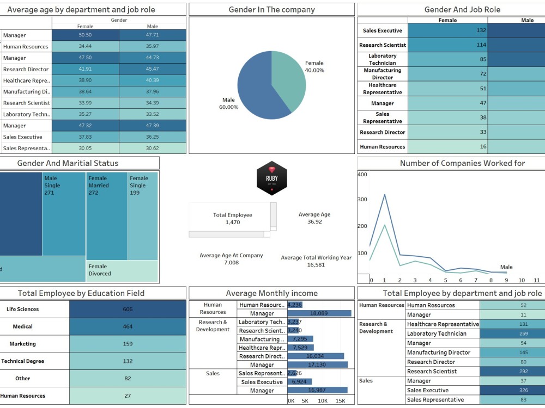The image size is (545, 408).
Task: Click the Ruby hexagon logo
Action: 271,178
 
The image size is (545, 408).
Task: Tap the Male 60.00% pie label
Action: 229,103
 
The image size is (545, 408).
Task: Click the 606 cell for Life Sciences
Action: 128,309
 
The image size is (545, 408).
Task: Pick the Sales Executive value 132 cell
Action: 447,30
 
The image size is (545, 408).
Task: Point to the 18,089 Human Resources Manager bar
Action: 319,313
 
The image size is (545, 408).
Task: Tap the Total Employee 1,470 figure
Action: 232,219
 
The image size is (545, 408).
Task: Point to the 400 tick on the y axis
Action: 362,175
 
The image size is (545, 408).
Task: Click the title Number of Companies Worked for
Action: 462,163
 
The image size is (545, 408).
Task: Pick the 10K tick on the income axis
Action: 323,401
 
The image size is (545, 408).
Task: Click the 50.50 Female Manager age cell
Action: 86,35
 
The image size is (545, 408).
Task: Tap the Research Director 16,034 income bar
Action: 316,356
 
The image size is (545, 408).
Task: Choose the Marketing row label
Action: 23,344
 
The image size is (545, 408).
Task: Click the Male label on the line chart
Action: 506,267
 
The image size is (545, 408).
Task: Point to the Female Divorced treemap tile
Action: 122,270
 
